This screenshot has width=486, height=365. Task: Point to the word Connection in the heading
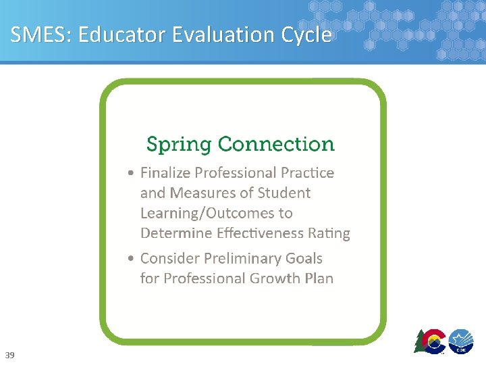[276, 144]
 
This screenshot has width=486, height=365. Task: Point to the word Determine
[174, 234]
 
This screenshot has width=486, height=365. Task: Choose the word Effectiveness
[261, 234]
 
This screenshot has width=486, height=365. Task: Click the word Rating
[329, 234]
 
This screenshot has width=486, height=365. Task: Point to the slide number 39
[9, 355]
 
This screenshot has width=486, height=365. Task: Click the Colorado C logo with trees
[430, 341]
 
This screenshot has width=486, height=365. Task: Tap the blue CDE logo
[462, 341]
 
